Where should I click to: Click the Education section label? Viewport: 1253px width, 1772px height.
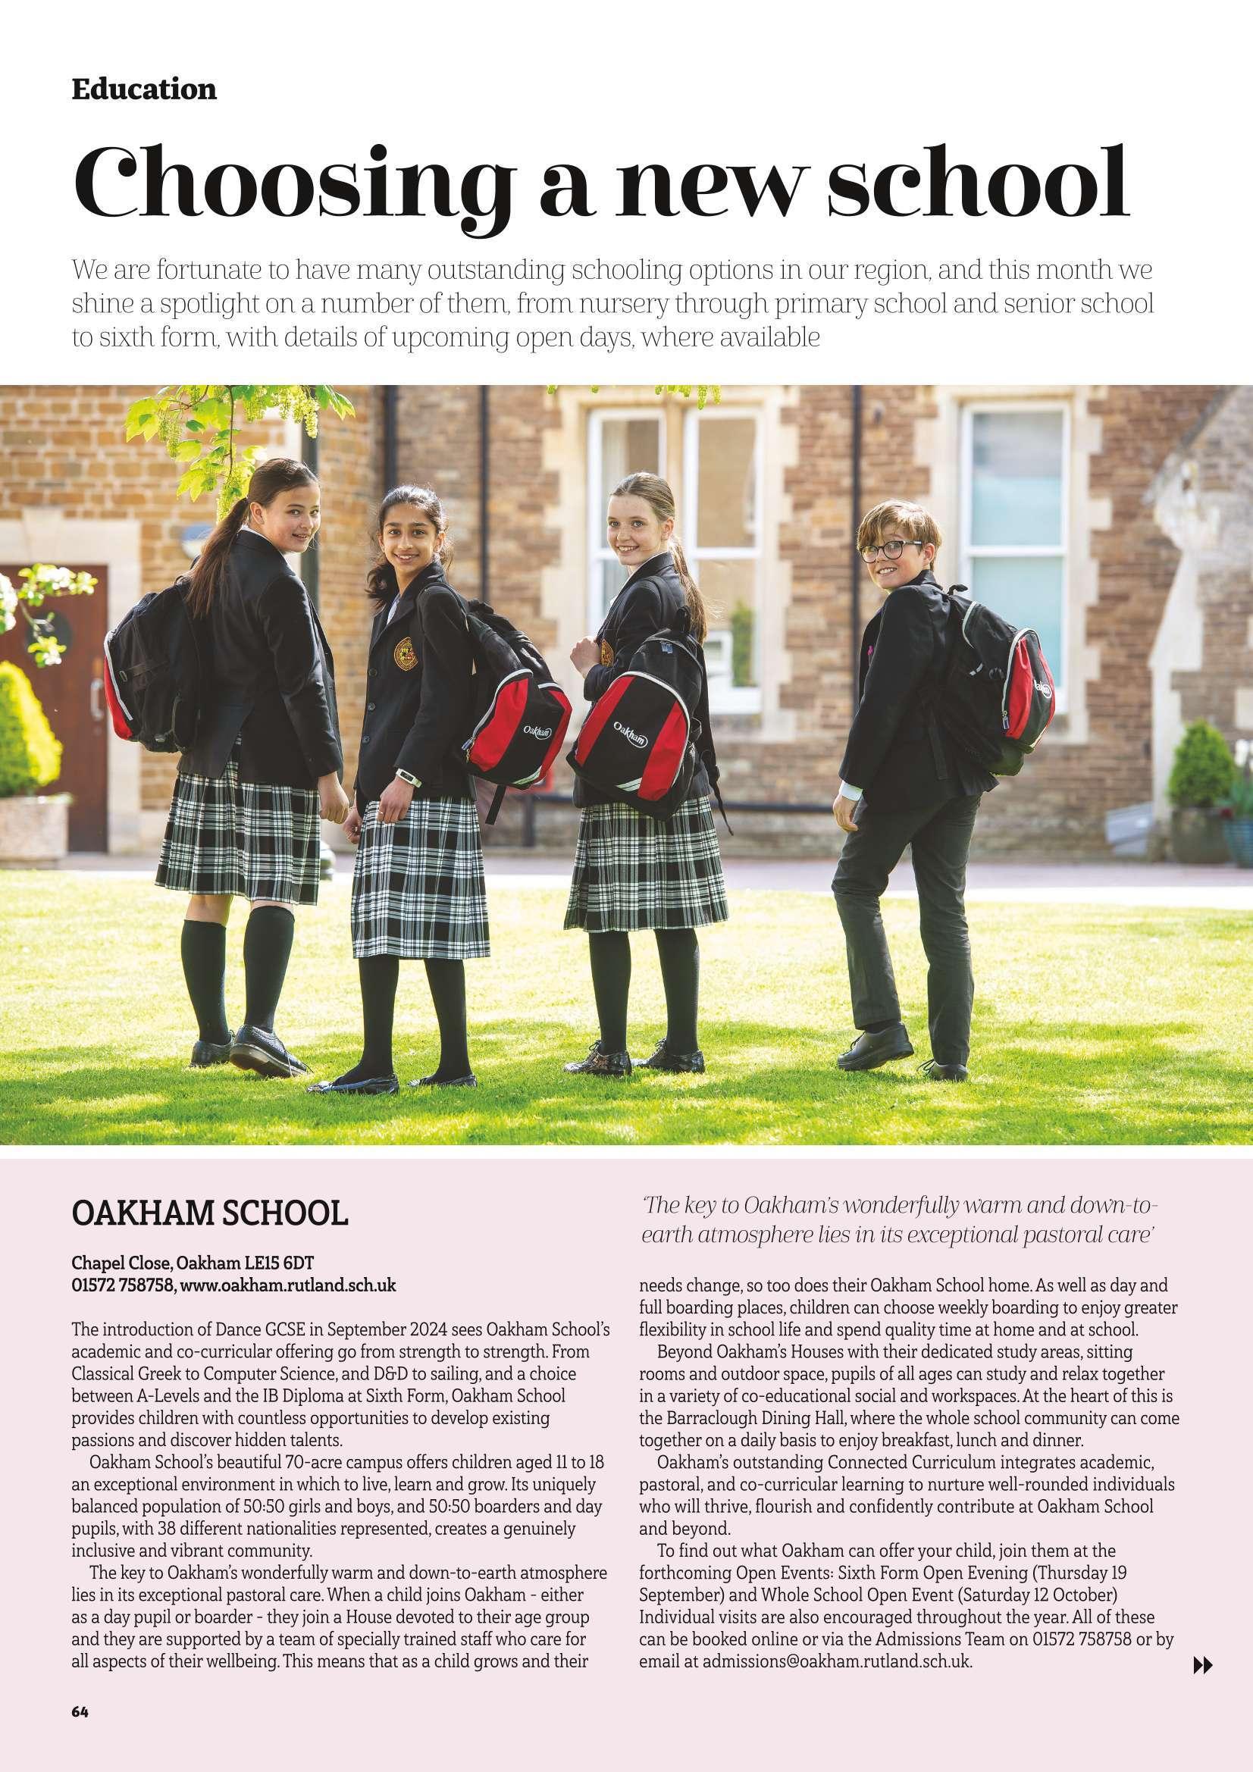click(143, 89)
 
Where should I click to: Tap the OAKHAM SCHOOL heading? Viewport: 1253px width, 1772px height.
click(209, 1213)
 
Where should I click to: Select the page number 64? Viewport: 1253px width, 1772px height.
click(80, 1661)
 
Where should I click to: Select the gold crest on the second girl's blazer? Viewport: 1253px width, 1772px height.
click(406, 653)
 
